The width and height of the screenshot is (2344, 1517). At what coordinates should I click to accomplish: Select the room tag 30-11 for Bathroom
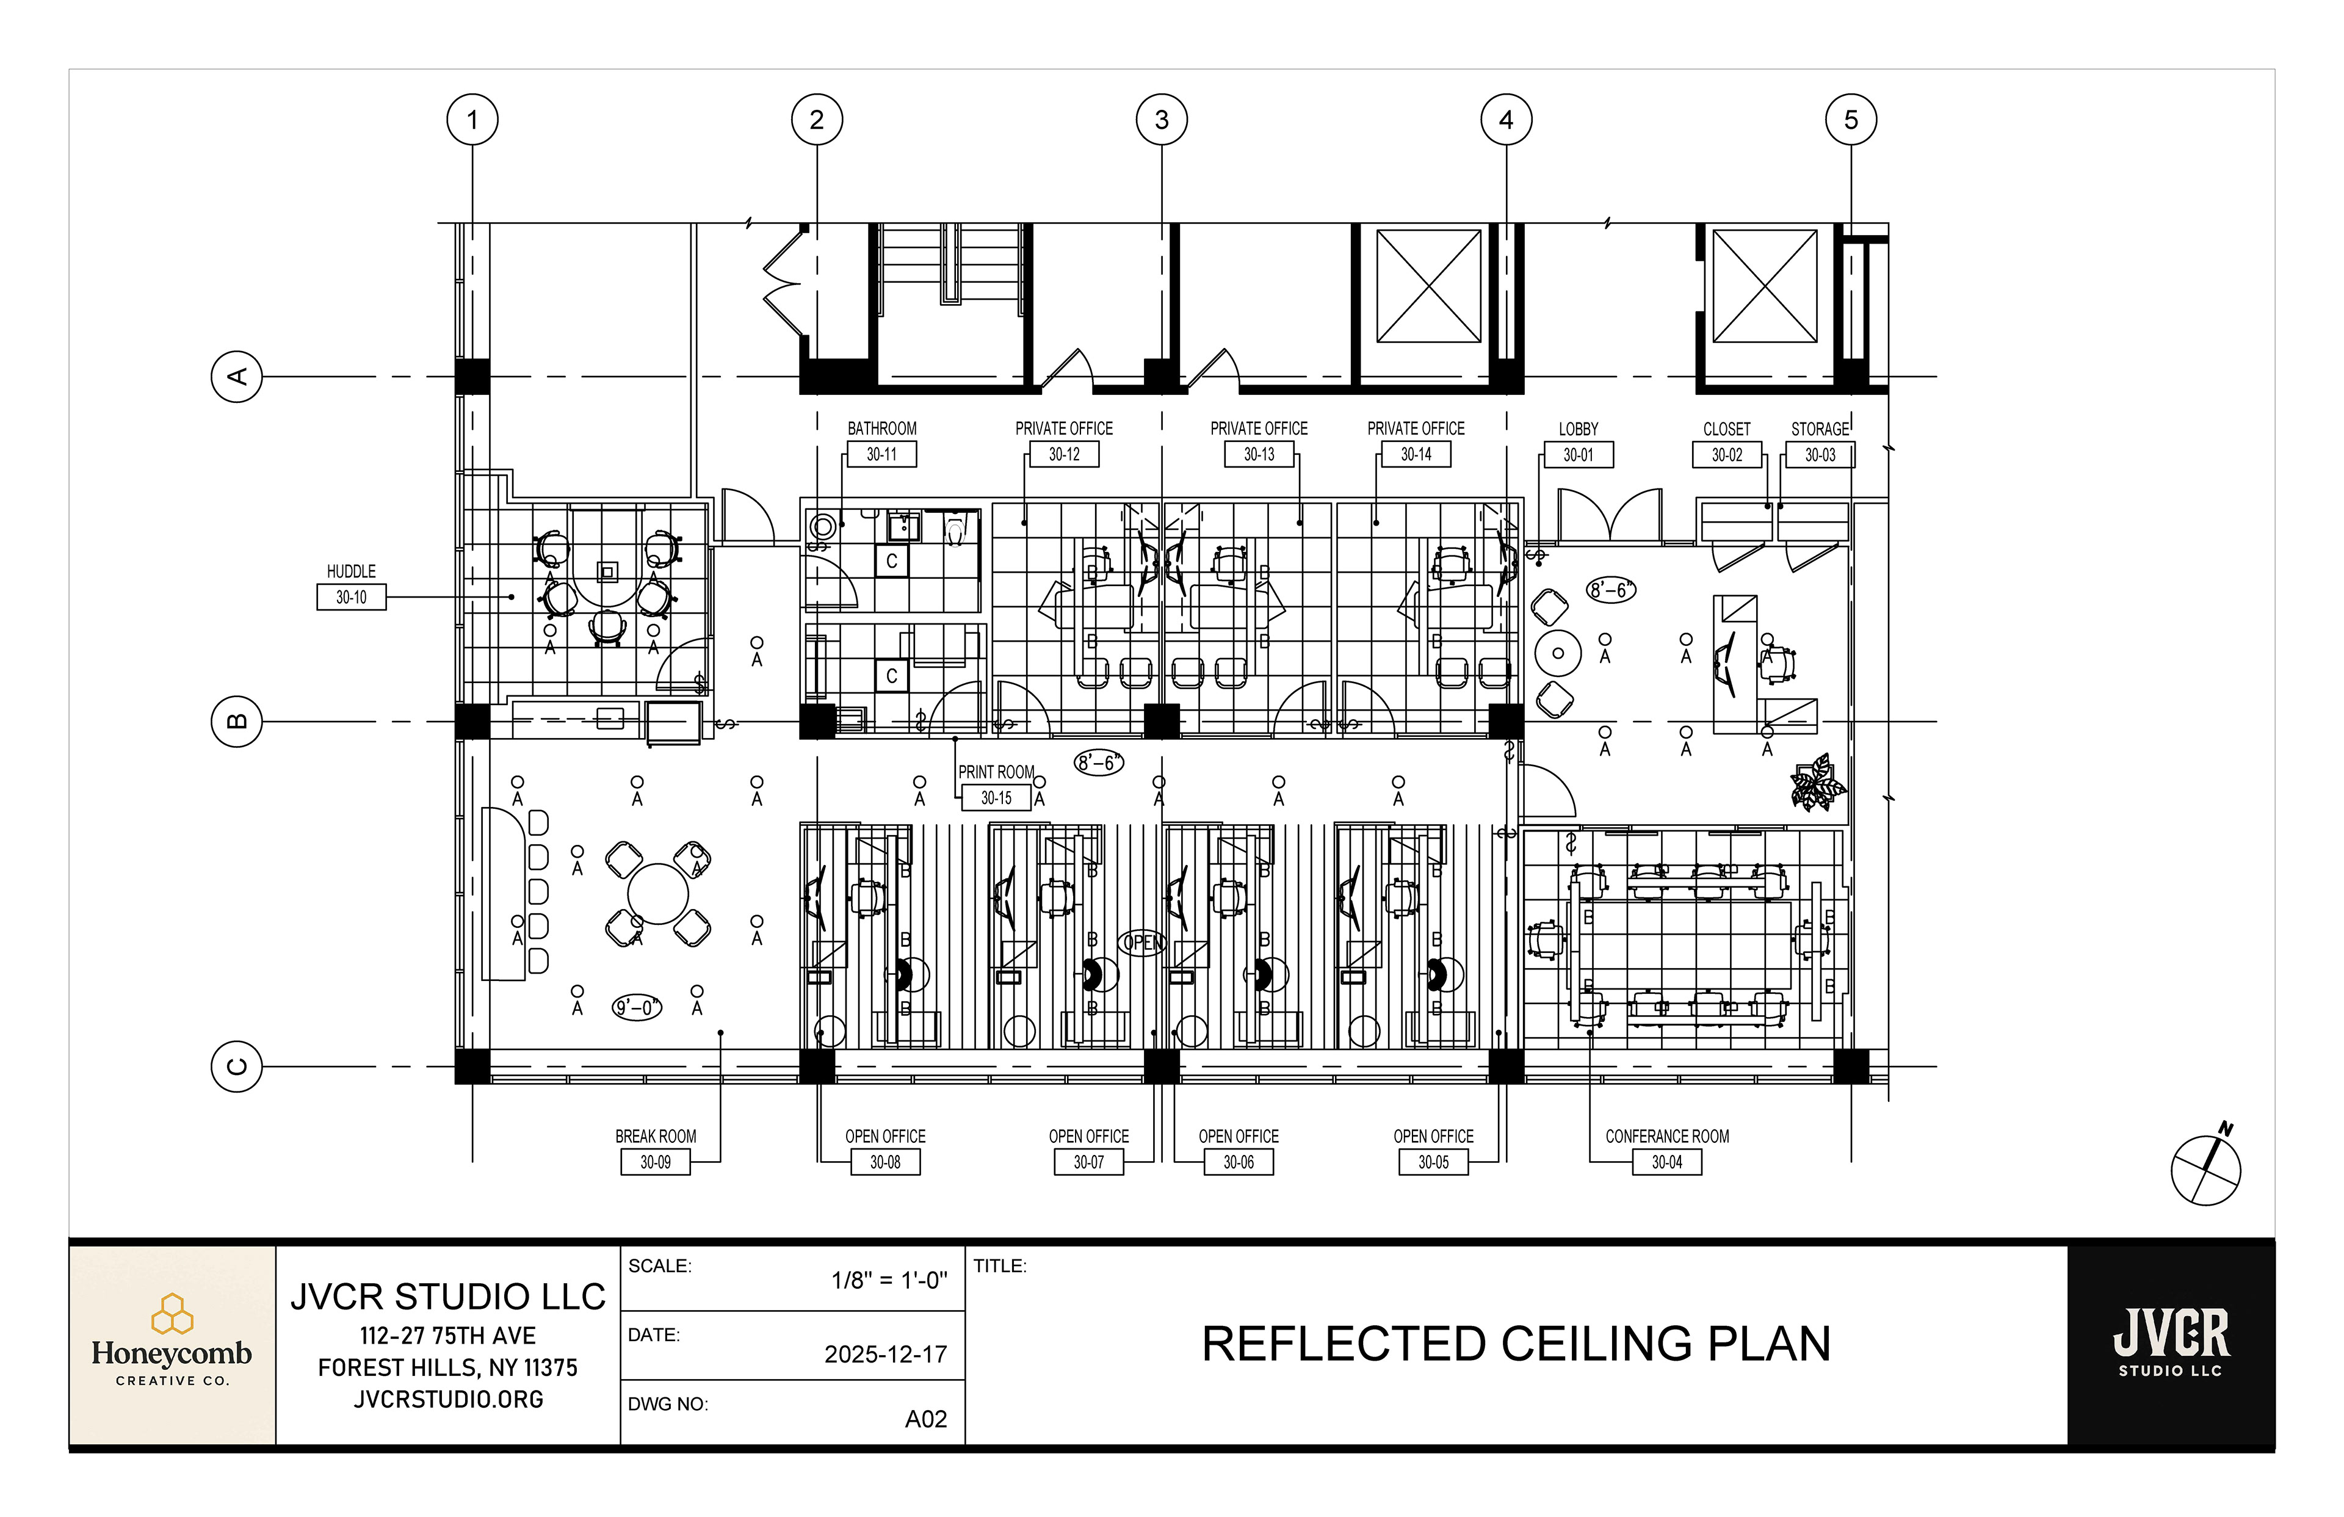coord(881,454)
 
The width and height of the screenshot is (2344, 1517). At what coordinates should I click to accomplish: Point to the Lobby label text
coord(1578,429)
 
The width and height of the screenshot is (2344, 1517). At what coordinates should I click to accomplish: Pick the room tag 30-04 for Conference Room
coord(1666,1162)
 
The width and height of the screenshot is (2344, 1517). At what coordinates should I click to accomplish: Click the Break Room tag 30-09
coord(655,1162)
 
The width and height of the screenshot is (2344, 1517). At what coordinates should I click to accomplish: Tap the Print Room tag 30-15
coord(996,798)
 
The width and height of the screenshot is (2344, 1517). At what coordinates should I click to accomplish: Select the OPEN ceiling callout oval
coord(1143,942)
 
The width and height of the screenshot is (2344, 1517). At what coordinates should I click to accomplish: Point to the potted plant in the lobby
coord(1817,783)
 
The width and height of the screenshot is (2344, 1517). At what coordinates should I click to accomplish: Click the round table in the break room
coord(657,894)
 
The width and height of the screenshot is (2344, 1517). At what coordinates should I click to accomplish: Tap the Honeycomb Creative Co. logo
coord(172,1345)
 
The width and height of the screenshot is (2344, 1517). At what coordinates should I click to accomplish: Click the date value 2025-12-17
coord(885,1355)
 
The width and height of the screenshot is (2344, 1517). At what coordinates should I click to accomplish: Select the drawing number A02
coord(926,1419)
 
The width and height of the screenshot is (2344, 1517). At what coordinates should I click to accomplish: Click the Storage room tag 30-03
coord(1820,455)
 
